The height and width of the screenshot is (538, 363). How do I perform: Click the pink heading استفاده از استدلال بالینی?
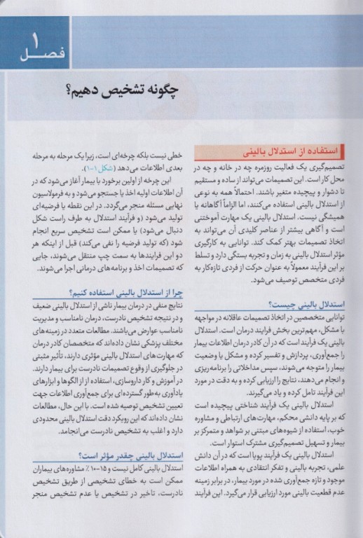[x=278, y=149]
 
